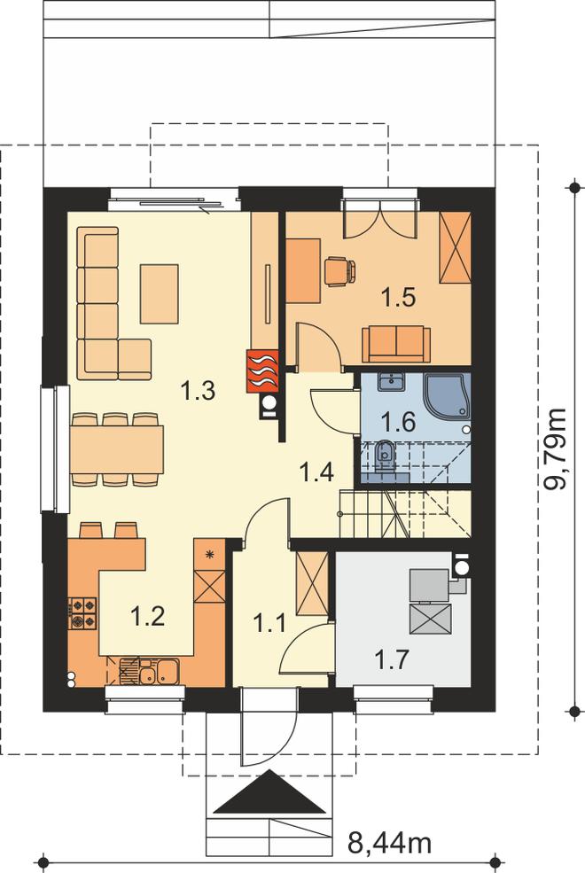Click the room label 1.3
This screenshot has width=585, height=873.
coord(199,391)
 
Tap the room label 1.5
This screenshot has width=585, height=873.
coord(399,297)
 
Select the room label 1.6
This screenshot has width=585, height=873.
coord(399,422)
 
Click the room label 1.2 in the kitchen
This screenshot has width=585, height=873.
coord(147,616)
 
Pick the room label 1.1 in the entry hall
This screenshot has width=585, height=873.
coord(270,622)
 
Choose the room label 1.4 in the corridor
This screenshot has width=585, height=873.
coord(316,472)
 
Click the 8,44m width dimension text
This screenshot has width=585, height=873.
coord(390,843)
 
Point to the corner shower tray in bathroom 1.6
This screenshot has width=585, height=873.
coord(448,394)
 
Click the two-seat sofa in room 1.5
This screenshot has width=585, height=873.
coord(395,343)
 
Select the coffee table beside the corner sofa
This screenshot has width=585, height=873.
coord(160,294)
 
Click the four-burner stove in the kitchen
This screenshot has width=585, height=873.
coord(82,613)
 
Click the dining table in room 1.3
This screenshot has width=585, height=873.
coord(117,448)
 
